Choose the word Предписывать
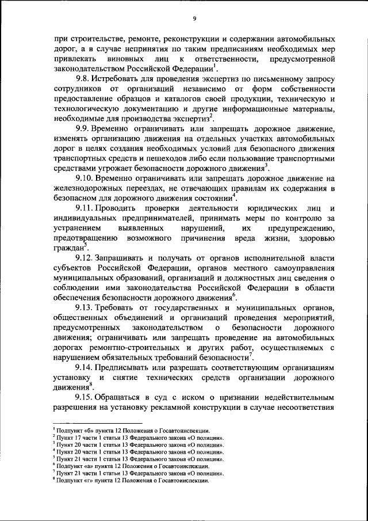pyautogui.click(x=129, y=367)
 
